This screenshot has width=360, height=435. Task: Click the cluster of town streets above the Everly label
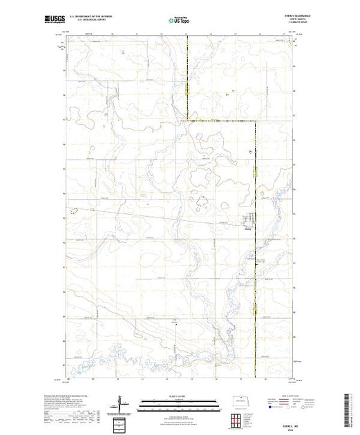248,222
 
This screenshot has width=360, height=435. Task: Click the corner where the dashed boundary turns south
253,121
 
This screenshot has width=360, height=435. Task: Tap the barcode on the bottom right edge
354,407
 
